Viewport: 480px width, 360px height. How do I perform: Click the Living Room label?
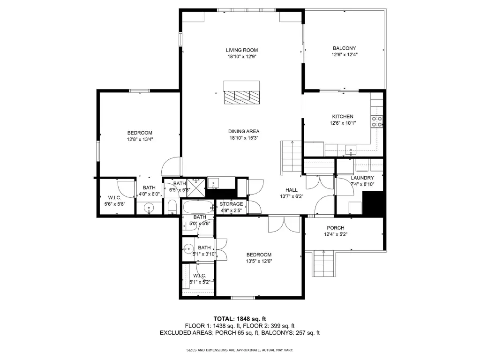pos(242,50)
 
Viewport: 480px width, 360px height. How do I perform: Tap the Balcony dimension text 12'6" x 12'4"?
pos(345,55)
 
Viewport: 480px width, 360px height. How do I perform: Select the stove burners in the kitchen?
pos(377,121)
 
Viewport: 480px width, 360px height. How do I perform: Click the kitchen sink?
pos(351,150)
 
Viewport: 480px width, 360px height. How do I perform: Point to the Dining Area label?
pos(244,131)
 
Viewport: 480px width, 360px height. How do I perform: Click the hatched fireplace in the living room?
pos(242,97)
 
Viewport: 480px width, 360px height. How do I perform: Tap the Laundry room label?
pos(362,178)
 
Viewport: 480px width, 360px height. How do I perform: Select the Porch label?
pos(336,228)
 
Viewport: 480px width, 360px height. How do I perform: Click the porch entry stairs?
pos(323,263)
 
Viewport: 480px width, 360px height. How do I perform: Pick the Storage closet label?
pos(231,204)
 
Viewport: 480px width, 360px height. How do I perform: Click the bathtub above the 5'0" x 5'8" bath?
pos(199,208)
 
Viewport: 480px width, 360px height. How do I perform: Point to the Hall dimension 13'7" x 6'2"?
pos(292,196)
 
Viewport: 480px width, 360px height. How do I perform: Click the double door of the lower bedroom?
pos(284,225)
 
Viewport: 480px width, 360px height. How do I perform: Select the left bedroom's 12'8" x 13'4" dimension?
pos(140,139)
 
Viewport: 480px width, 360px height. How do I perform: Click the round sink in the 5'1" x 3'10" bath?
pos(188,248)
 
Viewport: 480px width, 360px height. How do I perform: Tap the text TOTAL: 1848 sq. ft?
pos(240,319)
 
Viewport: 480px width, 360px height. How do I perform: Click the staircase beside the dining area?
pos(291,158)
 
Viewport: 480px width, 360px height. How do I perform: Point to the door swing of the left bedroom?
pos(172,166)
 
